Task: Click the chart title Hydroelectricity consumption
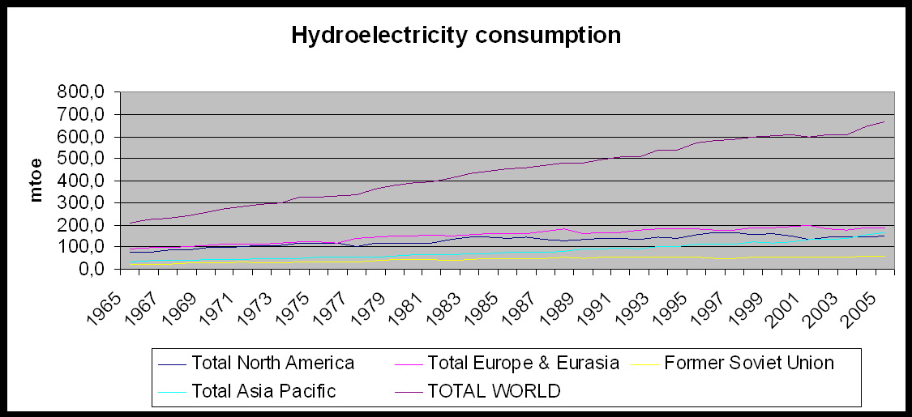[456, 36]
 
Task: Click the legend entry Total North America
[272, 363]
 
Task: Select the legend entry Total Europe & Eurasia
[523, 363]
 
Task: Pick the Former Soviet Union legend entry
[748, 363]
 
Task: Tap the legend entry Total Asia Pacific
[263, 391]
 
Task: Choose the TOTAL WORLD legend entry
[494, 391]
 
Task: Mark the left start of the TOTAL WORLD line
[130, 223]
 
